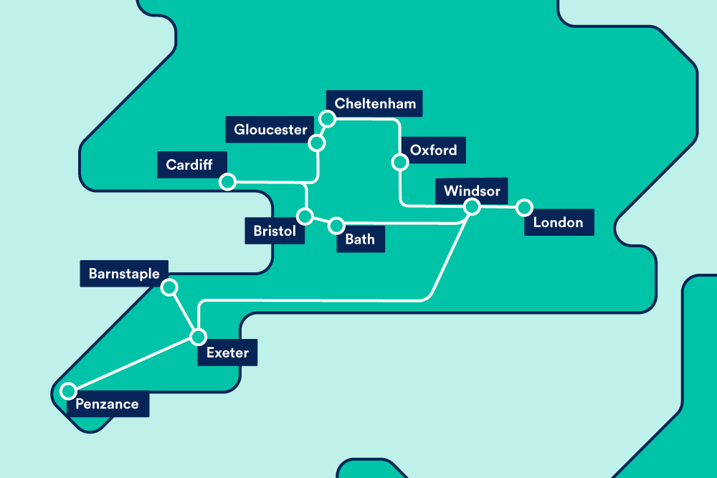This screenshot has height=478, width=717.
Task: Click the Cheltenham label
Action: click(375, 104)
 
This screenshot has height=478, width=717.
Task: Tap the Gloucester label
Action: click(270, 130)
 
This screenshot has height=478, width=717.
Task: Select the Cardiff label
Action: click(189, 165)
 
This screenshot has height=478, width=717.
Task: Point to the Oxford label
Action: click(433, 150)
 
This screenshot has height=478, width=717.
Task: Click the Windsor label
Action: click(471, 191)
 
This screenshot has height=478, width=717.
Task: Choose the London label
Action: click(558, 222)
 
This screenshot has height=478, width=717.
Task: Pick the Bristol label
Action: click(274, 231)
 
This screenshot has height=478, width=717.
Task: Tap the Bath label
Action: click(360, 239)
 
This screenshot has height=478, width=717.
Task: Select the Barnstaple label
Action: click(124, 274)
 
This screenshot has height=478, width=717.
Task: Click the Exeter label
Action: click(227, 353)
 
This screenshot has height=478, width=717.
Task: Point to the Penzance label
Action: click(107, 404)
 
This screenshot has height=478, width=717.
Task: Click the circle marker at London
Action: click(525, 208)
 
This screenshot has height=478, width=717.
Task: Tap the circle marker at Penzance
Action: click(68, 391)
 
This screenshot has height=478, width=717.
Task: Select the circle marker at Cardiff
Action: click(227, 182)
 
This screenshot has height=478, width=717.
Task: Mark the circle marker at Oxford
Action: click(399, 163)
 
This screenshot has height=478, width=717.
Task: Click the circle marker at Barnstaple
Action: click(169, 287)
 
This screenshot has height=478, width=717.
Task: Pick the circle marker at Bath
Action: click(336, 226)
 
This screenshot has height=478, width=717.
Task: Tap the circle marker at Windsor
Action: click(472, 207)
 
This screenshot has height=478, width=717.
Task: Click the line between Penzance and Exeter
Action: click(133, 364)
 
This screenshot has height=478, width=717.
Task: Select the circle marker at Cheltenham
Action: click(327, 119)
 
